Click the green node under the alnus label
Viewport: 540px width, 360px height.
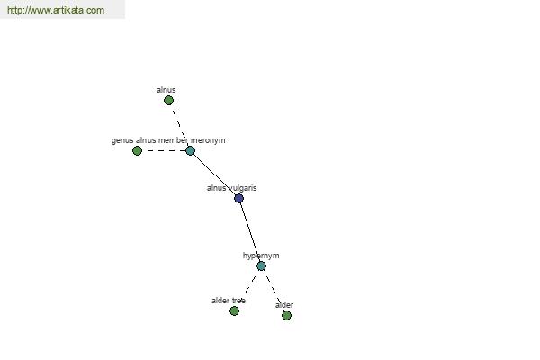tap(168, 101)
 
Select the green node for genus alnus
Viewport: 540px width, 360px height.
tap(137, 151)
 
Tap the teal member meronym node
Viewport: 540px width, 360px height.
tap(190, 150)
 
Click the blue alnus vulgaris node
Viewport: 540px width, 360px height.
tap(238, 198)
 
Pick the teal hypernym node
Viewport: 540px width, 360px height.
tap(261, 266)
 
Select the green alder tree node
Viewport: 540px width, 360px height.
tap(234, 311)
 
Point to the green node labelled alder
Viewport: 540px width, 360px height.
tap(286, 315)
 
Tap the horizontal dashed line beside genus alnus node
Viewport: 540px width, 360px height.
tap(164, 150)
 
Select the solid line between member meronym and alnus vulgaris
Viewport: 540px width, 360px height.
tap(214, 175)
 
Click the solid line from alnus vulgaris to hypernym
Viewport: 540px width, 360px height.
tap(250, 232)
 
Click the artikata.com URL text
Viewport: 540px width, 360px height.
tap(56, 10)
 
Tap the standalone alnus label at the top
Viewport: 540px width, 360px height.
tap(166, 90)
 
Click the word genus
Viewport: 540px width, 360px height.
tap(122, 141)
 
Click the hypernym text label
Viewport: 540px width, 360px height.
tap(261, 256)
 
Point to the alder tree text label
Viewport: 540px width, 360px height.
tap(229, 301)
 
